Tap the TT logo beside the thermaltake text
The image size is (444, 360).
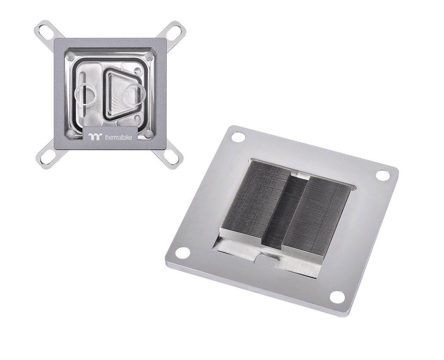tap(94, 136)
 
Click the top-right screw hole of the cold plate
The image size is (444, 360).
tap(382, 175)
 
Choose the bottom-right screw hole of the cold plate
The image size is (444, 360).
tap(337, 297)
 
